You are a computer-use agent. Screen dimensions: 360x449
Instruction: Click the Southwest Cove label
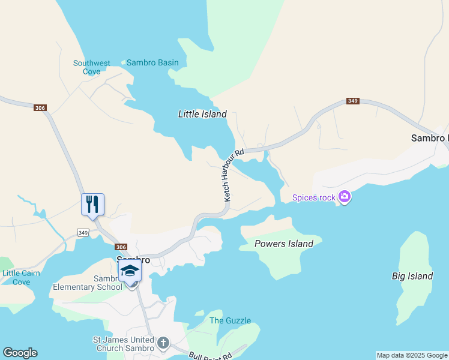tap(92, 67)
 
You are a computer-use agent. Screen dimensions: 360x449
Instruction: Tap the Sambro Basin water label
tap(152, 62)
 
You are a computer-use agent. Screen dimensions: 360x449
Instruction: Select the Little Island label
tap(202, 114)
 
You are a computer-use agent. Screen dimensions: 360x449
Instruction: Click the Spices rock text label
tap(313, 197)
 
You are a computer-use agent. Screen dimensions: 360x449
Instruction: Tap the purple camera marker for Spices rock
tap(345, 196)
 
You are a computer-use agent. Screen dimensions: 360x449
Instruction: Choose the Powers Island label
tap(284, 244)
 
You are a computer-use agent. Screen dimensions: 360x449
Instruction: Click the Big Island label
tap(412, 276)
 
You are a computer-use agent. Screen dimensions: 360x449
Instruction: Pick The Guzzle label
tap(230, 320)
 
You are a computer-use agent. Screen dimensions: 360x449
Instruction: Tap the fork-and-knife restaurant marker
tap(92, 204)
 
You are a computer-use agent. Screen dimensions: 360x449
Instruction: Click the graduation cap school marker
tap(130, 271)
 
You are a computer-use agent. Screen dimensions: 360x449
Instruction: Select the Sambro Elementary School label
tap(88, 283)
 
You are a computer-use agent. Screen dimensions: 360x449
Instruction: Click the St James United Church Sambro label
tap(122, 344)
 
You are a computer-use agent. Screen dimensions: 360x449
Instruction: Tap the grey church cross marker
tap(163, 344)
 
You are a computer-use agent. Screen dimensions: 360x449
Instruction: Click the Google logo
tap(20, 353)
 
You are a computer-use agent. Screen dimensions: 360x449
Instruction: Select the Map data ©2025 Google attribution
tap(412, 355)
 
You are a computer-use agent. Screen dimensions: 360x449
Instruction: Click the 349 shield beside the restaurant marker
tap(83, 232)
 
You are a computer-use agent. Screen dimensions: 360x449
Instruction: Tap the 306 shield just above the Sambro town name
tap(121, 247)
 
